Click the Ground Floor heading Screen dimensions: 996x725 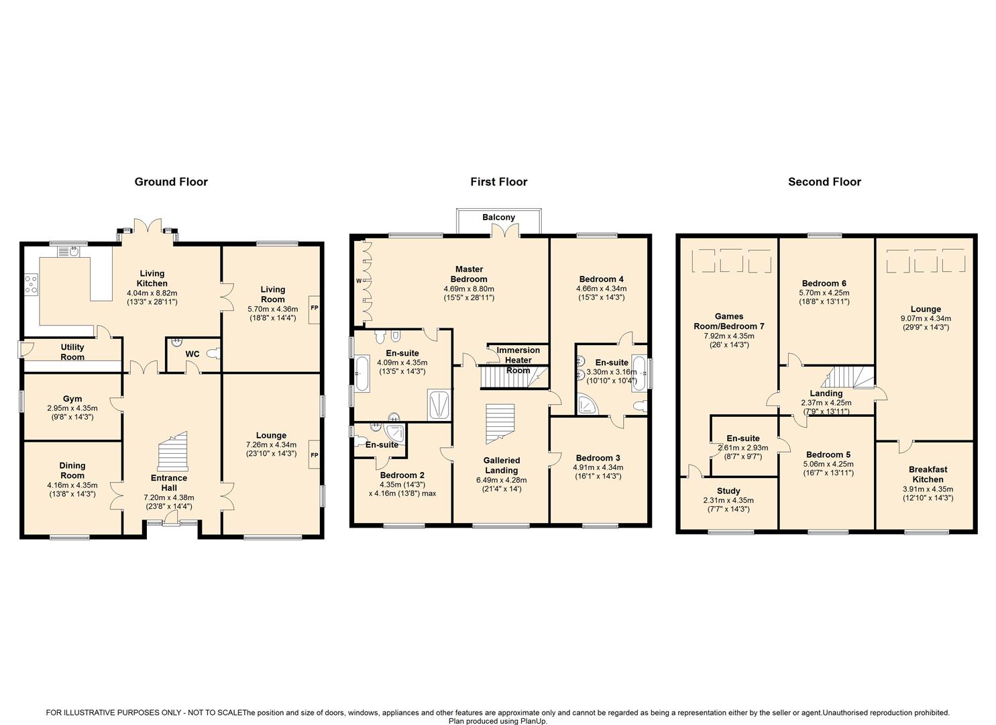[x=171, y=181]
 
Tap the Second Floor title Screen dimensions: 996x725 [x=824, y=181]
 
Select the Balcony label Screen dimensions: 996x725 [x=498, y=217]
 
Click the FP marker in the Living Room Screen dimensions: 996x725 [x=315, y=307]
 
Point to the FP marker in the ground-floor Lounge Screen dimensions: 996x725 [x=315, y=455]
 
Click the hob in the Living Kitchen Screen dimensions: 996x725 [x=31, y=283]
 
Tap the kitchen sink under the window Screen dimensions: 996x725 [x=68, y=252]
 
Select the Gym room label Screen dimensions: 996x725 [x=72, y=399]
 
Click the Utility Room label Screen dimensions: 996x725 [x=72, y=352]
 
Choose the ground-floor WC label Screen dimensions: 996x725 [x=192, y=354]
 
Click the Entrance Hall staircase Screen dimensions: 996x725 [x=173, y=451]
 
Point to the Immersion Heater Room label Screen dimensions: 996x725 [x=518, y=360]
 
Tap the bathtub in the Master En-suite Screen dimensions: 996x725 [x=362, y=373]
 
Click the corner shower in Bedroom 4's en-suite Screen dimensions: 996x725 [x=588, y=403]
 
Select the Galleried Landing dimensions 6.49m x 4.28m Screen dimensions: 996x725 [x=501, y=480]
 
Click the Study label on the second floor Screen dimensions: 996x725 [x=728, y=491]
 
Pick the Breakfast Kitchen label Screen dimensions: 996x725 [x=928, y=475]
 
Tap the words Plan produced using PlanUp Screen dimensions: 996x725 [x=498, y=721]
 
